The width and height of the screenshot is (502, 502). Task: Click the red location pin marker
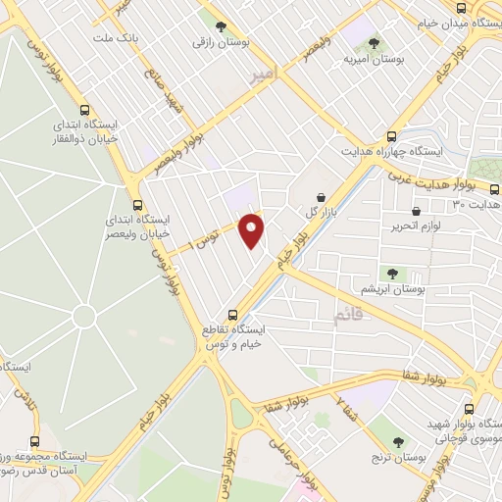[x=252, y=231]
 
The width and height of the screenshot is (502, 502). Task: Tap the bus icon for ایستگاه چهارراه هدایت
[x=392, y=136]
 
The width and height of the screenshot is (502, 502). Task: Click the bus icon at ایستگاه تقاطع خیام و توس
[x=232, y=315]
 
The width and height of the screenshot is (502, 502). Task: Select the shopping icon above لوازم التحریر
[x=417, y=212]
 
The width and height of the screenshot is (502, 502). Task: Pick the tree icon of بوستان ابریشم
[x=392, y=275]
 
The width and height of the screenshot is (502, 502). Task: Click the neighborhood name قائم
[x=348, y=316]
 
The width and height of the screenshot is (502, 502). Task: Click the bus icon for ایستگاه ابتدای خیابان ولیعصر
[x=137, y=206]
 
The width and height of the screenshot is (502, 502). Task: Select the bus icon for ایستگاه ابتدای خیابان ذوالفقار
[x=84, y=111]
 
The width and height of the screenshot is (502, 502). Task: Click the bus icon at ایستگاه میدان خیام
[x=467, y=22]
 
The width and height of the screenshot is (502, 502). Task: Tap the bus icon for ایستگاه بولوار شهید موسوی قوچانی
[x=469, y=409]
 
